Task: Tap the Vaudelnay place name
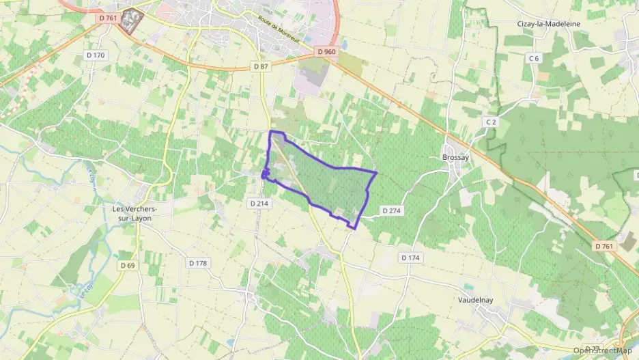(x=481, y=299)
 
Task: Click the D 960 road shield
(x=327, y=51)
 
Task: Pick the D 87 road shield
(x=261, y=66)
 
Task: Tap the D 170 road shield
(x=96, y=54)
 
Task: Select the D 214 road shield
(x=259, y=203)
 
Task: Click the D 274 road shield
(x=390, y=211)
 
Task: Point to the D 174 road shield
(x=410, y=258)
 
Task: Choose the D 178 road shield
(x=197, y=263)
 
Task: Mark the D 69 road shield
(x=128, y=265)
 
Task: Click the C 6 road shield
(x=534, y=59)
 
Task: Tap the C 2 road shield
(x=489, y=122)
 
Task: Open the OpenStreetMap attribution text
(x=602, y=350)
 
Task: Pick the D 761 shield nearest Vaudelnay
(x=603, y=246)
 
